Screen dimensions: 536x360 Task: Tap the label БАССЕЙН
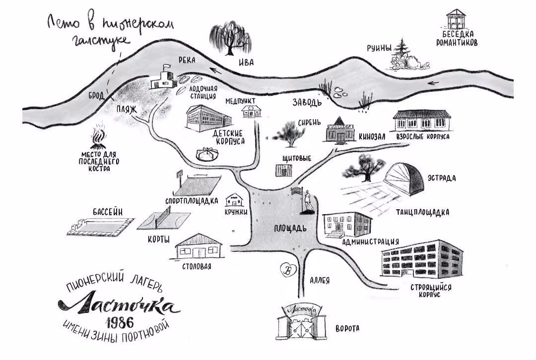point(108,212)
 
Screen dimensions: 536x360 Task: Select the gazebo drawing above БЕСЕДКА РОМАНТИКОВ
point(456,19)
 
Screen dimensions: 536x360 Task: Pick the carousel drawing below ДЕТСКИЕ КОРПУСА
point(207,154)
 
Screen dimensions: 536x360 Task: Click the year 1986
point(120,322)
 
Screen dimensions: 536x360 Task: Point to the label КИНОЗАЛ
point(372,137)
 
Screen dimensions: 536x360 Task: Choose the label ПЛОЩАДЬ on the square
point(290,229)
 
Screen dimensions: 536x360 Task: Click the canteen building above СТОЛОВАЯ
point(198,247)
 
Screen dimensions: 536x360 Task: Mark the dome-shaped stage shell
point(404,180)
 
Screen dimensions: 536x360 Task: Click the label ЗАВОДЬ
point(307,102)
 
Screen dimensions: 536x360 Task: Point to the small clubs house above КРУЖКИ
point(234,200)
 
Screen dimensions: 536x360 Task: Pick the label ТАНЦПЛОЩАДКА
point(422,212)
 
